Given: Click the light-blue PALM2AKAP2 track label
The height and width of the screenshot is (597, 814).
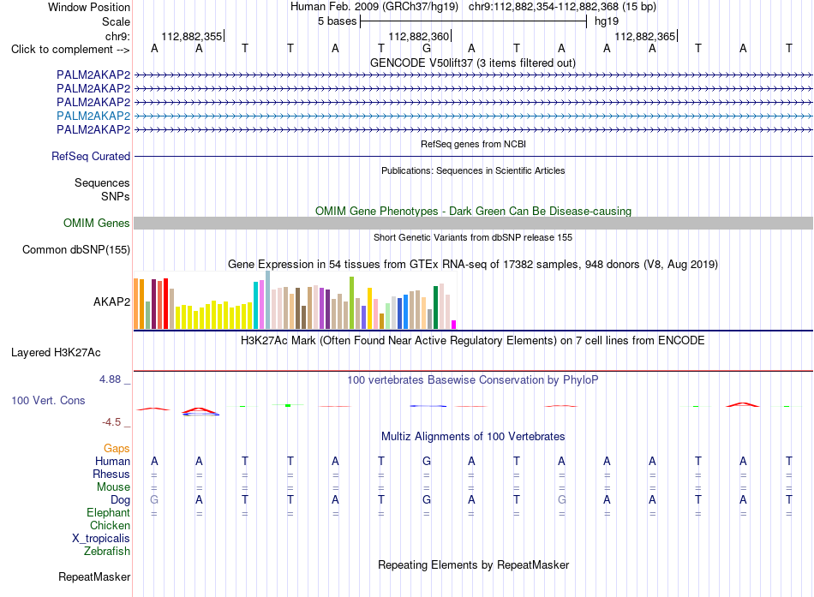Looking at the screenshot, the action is pos(93,116).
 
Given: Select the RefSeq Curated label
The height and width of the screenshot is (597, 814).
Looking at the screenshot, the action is pos(91,156).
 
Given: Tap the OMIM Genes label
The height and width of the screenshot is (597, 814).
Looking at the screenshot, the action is pos(97,224).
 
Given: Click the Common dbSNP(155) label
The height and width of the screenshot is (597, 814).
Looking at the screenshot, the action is pos(76,250).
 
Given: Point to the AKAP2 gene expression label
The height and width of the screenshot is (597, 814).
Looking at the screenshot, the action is pos(111,301).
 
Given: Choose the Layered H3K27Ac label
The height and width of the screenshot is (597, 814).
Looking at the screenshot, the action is pos(56,353).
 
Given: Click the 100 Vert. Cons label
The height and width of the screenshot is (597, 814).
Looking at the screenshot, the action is pos(48,400).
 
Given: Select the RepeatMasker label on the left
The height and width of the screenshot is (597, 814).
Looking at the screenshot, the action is pos(94,576).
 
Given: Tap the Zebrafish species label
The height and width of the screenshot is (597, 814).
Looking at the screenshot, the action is pos(107,552).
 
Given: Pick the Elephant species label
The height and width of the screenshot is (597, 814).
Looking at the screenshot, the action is pos(109,513).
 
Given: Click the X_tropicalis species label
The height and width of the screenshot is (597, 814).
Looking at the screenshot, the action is pos(101,539).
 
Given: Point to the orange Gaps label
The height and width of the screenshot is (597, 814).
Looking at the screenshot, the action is pos(117,449).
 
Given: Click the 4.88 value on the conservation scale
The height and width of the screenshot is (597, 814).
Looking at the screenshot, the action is pos(110,379).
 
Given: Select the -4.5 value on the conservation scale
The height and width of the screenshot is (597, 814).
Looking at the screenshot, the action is pos(111,422).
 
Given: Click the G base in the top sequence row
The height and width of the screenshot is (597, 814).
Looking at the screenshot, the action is pos(427,48).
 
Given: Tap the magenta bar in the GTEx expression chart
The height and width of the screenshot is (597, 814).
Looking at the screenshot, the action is pos(454,325).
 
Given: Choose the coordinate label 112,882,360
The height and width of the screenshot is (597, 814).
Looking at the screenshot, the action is pos(418,36).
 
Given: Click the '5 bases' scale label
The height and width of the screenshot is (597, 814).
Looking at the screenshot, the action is pos(338,21).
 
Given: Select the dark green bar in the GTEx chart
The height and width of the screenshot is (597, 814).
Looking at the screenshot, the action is pos(436,307).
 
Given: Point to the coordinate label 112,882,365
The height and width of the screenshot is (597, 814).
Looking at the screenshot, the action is pos(644,36).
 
